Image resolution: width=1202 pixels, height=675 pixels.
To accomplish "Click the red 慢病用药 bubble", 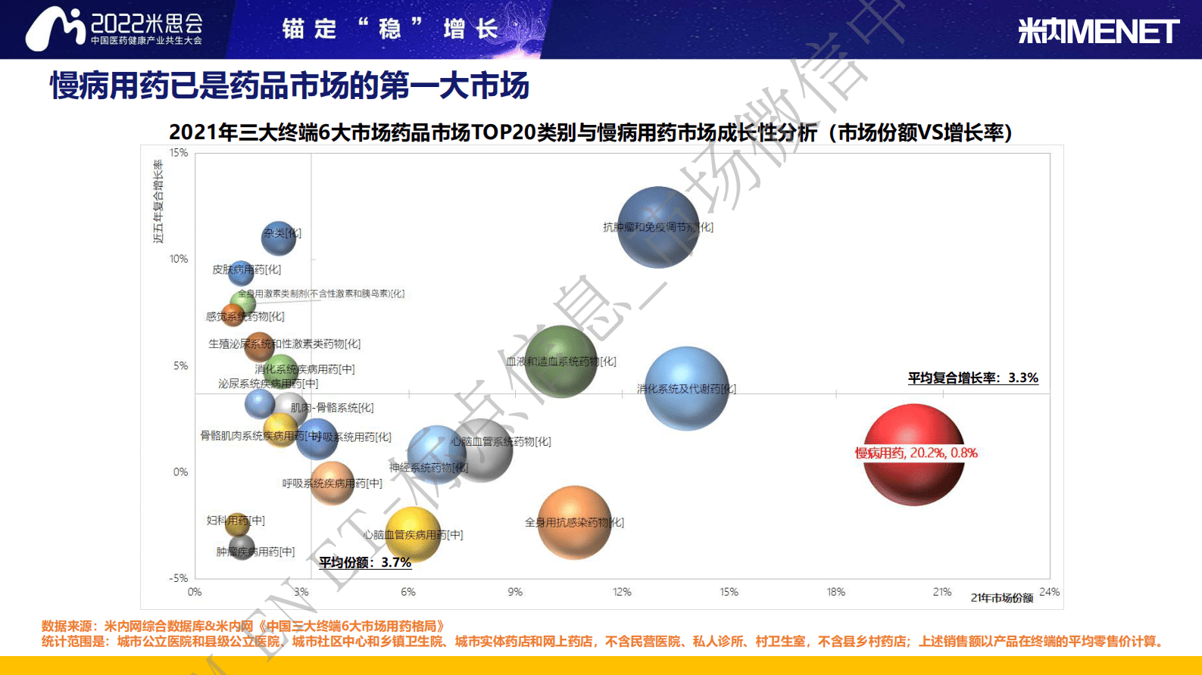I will pyautogui.click(x=913, y=454).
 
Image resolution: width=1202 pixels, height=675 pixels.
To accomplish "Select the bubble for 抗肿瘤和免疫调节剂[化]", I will pyautogui.click(x=657, y=227).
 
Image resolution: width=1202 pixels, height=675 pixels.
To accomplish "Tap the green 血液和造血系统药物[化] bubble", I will pyautogui.click(x=560, y=361).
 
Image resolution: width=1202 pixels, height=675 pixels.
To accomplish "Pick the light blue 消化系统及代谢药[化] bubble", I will pyautogui.click(x=686, y=388).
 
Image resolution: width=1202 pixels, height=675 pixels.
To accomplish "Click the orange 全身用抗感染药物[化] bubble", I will pyautogui.click(x=574, y=522).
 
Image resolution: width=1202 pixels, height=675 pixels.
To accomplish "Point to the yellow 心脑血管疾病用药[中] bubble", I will pyautogui.click(x=413, y=534).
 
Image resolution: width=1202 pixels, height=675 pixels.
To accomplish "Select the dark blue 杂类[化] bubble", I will pyautogui.click(x=279, y=238).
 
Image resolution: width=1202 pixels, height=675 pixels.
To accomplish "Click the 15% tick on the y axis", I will pyautogui.click(x=179, y=153).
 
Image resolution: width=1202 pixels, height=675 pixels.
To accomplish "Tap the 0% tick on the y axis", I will pyautogui.click(x=180, y=471).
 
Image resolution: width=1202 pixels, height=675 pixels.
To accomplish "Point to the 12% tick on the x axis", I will pyautogui.click(x=622, y=592).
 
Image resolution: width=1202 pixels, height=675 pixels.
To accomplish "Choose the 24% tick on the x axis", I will pyautogui.click(x=1049, y=592).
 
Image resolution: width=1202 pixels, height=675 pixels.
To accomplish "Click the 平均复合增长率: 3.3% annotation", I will pyautogui.click(x=973, y=378).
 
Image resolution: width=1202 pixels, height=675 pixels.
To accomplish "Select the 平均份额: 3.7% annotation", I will pyautogui.click(x=364, y=562).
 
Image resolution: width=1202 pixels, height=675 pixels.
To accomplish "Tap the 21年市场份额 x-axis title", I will pyautogui.click(x=1001, y=598).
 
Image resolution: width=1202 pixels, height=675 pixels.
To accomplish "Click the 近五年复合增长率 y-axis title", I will pyautogui.click(x=158, y=201).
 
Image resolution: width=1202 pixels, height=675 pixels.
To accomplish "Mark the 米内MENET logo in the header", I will pyautogui.click(x=1097, y=31).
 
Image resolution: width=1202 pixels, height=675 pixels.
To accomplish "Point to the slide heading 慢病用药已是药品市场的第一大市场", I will pyautogui.click(x=289, y=86).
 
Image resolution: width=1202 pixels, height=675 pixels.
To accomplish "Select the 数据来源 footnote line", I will pyautogui.click(x=243, y=626).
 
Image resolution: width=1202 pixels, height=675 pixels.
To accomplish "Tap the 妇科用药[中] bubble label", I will pyautogui.click(x=236, y=521).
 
